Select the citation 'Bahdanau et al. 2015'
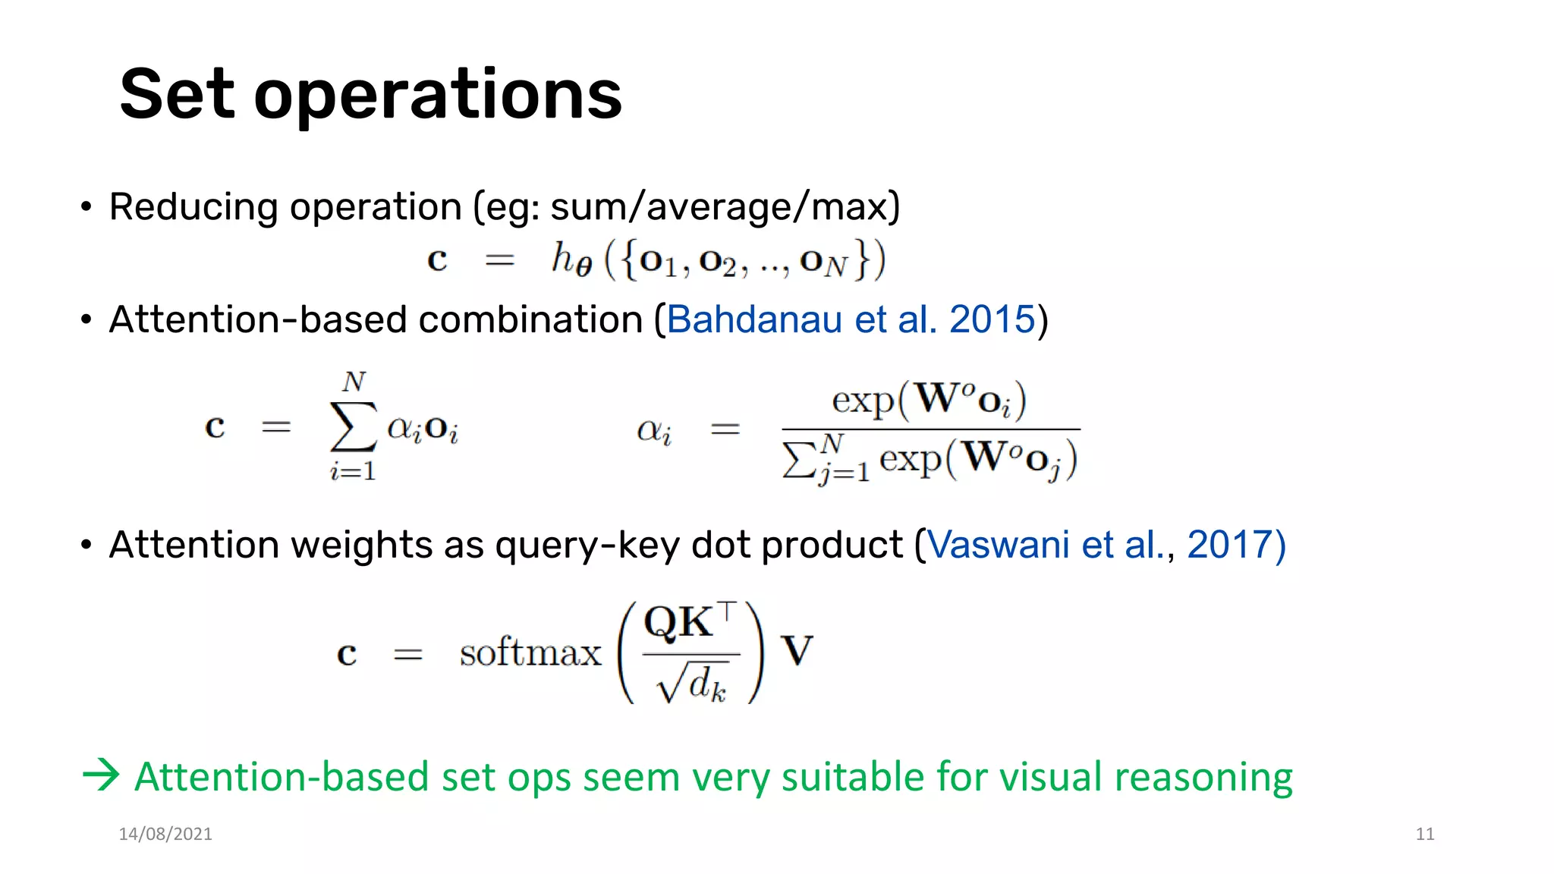(x=851, y=319)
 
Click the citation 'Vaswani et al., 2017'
(x=1106, y=545)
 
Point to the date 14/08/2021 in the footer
(x=165, y=834)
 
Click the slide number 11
(x=1424, y=834)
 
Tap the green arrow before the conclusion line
(x=101, y=775)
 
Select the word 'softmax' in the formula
(x=530, y=652)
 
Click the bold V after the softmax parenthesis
(x=797, y=651)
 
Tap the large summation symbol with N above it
(x=353, y=427)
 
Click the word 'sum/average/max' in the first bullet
(x=725, y=206)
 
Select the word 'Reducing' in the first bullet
(x=193, y=207)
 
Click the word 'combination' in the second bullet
(x=530, y=319)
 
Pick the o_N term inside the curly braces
(x=823, y=262)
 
